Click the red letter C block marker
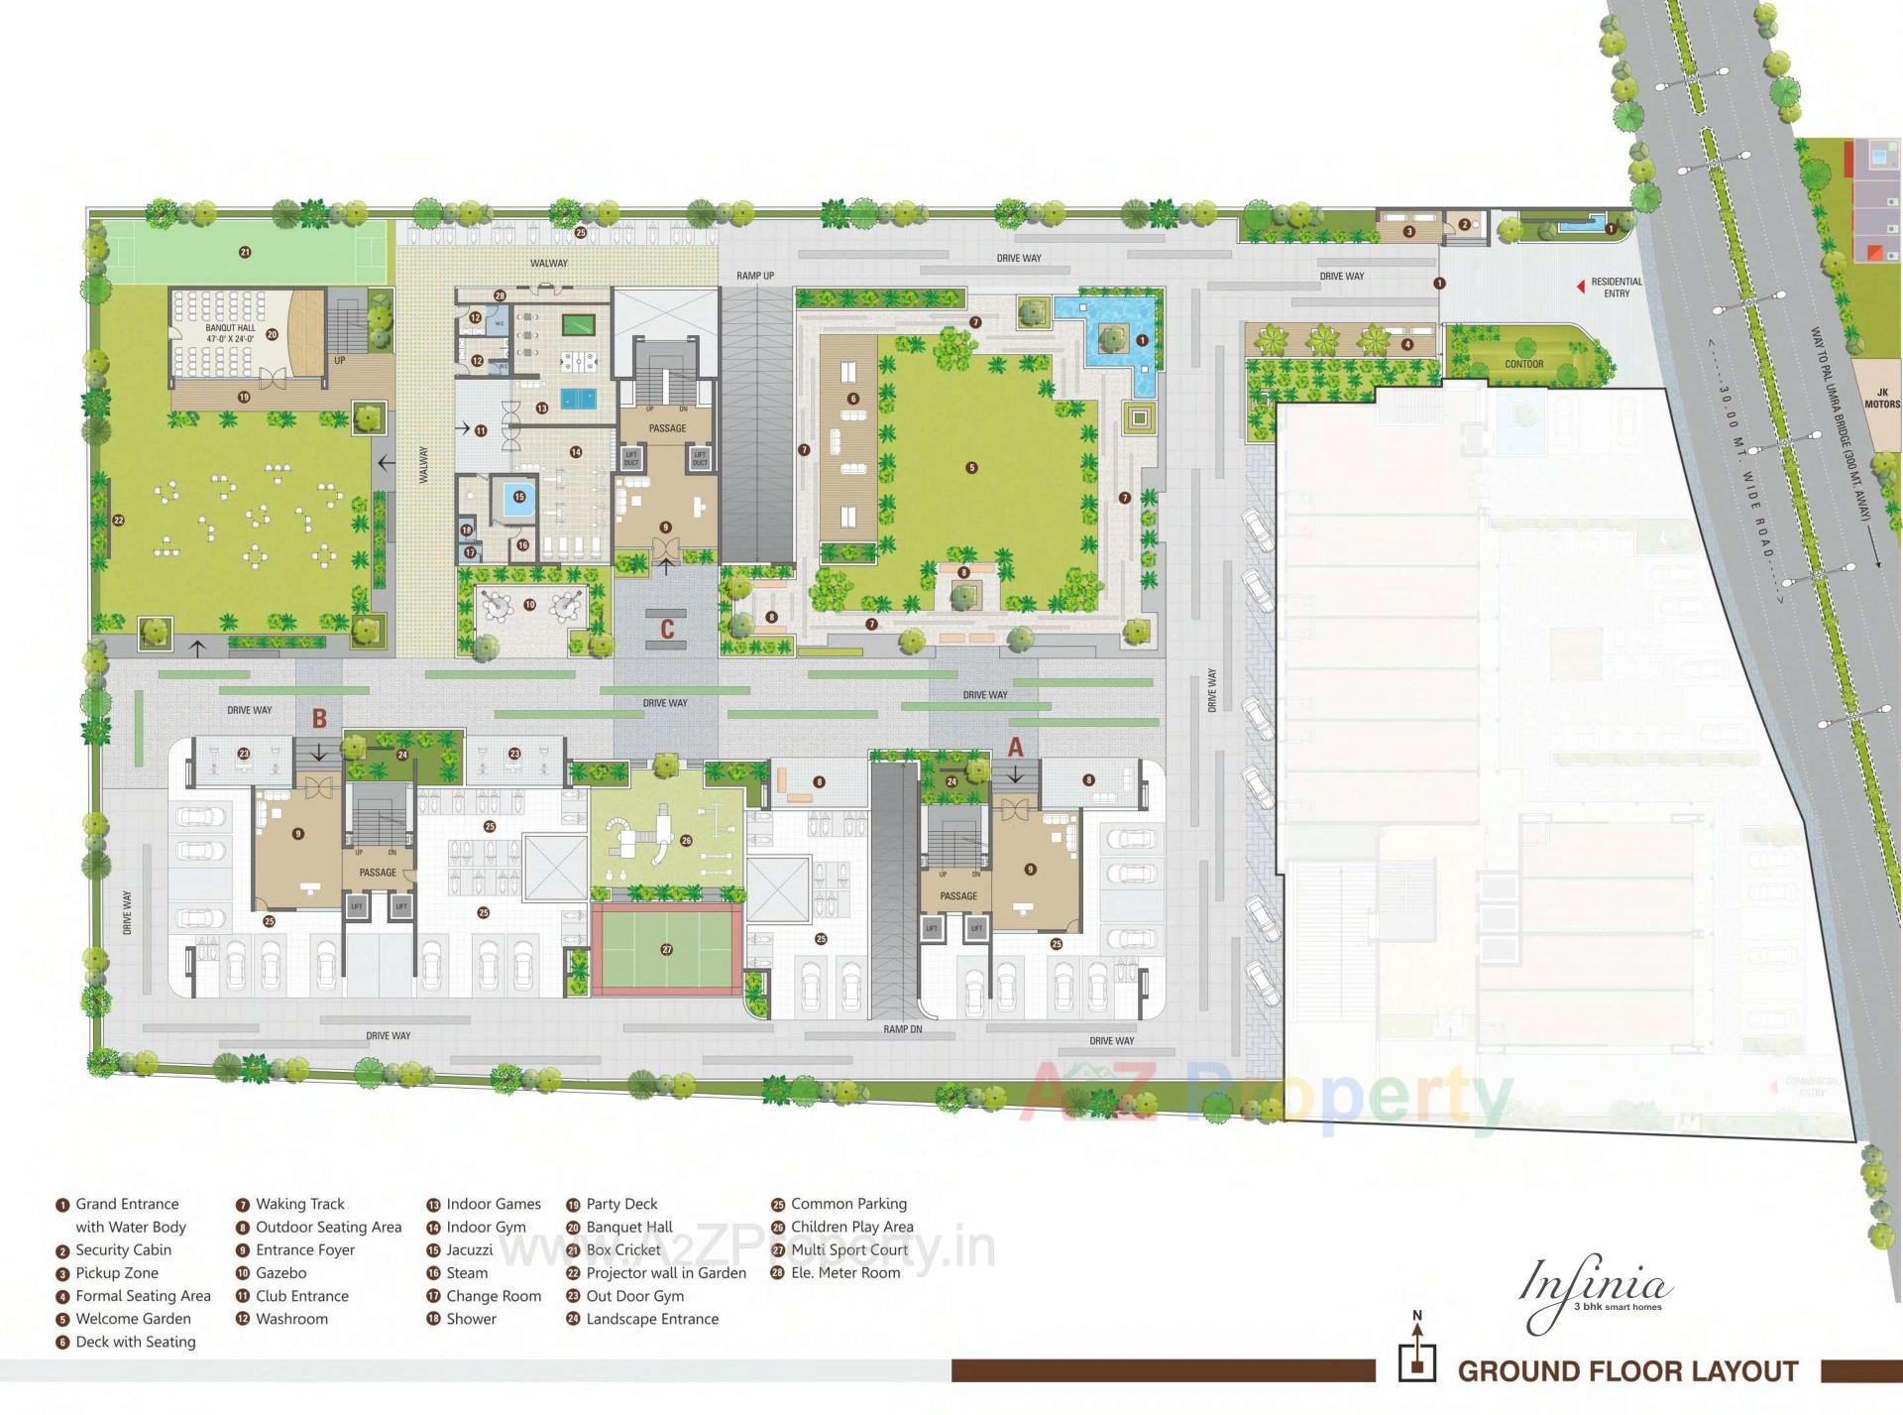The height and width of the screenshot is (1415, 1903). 667,629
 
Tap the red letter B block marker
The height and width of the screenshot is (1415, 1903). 319,718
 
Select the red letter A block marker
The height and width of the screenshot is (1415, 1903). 1015,747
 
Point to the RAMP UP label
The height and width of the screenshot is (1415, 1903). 755,276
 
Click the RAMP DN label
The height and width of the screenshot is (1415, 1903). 902,1029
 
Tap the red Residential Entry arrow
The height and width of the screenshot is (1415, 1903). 1580,287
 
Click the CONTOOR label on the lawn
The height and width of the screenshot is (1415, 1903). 1523,364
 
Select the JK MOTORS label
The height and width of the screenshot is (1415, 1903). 1882,398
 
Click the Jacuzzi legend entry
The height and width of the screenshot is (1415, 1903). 469,1249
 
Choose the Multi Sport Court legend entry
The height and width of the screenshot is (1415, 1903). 848,1249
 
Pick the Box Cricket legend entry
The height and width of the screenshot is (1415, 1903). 622,1249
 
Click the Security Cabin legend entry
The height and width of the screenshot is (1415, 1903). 123,1249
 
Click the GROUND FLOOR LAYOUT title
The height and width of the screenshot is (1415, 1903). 1627,1371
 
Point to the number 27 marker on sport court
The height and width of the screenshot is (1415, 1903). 667,949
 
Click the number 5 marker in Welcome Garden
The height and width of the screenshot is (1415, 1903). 971,468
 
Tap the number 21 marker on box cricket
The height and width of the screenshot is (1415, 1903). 245,252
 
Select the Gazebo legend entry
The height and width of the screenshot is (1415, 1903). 280,1272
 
